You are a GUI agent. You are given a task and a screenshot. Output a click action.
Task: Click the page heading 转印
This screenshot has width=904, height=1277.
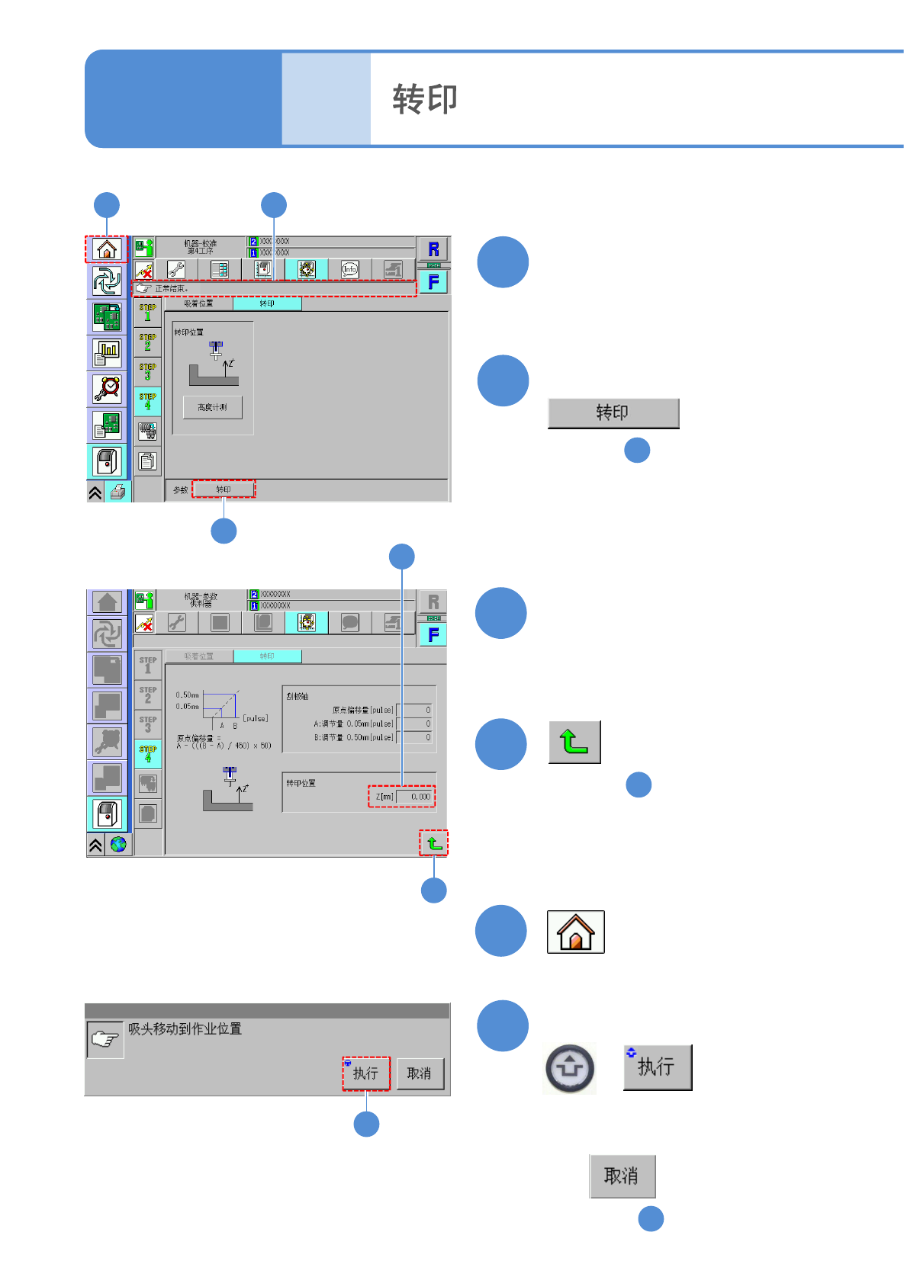(425, 99)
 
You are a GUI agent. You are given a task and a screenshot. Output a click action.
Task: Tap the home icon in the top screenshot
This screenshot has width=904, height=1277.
(106, 249)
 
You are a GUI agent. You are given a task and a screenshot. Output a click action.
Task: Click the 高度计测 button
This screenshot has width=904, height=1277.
(213, 407)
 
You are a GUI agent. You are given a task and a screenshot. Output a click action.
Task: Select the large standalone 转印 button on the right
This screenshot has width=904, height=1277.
(613, 413)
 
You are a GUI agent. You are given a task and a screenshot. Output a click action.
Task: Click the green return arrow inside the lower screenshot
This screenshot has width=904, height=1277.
(433, 843)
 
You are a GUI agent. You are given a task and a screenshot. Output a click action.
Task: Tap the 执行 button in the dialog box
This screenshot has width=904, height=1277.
(365, 1073)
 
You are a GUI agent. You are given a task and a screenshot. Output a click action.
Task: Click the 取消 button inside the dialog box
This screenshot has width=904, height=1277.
(419, 1073)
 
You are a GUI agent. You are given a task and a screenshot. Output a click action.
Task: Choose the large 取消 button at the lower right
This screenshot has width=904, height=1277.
(622, 1176)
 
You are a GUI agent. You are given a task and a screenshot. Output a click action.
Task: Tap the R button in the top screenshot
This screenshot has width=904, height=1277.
(433, 249)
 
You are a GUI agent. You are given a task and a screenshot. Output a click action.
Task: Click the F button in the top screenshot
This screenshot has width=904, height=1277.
(433, 282)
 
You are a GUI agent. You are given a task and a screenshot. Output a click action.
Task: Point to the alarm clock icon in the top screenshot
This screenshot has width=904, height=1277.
(107, 389)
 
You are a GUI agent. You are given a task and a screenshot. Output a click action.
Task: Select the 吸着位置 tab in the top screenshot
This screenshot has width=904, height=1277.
(198, 303)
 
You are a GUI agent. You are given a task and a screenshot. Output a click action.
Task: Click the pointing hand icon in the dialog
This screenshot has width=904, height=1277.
(105, 1039)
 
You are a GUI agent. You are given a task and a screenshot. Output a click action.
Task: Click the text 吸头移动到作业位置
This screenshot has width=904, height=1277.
(185, 1029)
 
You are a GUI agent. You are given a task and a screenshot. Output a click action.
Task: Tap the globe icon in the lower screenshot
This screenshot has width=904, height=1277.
(118, 845)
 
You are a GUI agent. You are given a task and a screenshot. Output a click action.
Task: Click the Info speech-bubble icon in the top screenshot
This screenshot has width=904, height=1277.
(349, 269)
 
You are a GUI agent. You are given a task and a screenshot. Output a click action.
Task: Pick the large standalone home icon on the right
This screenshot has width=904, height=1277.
(575, 932)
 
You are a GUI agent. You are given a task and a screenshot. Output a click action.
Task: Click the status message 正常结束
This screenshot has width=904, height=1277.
(172, 289)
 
